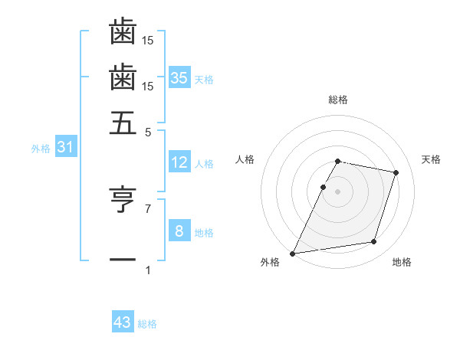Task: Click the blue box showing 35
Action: tap(179, 77)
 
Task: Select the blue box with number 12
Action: tap(179, 162)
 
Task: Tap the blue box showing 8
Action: tap(179, 231)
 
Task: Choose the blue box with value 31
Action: tap(65, 146)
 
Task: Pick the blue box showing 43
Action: tap(123, 322)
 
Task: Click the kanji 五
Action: tap(123, 123)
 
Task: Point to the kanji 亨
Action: tap(123, 201)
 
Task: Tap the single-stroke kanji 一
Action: tap(123, 260)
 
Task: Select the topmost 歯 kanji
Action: tap(123, 32)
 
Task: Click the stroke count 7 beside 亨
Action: tap(148, 208)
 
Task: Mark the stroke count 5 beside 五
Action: tap(148, 131)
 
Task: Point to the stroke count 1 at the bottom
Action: tap(148, 270)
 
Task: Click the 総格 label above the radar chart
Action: tap(337, 100)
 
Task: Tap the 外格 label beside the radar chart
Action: tap(270, 263)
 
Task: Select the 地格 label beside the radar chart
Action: tap(402, 263)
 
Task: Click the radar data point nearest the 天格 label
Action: tap(396, 172)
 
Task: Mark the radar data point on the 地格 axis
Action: tap(373, 242)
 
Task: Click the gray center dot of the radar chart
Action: tap(337, 191)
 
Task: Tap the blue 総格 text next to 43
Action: tap(147, 324)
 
